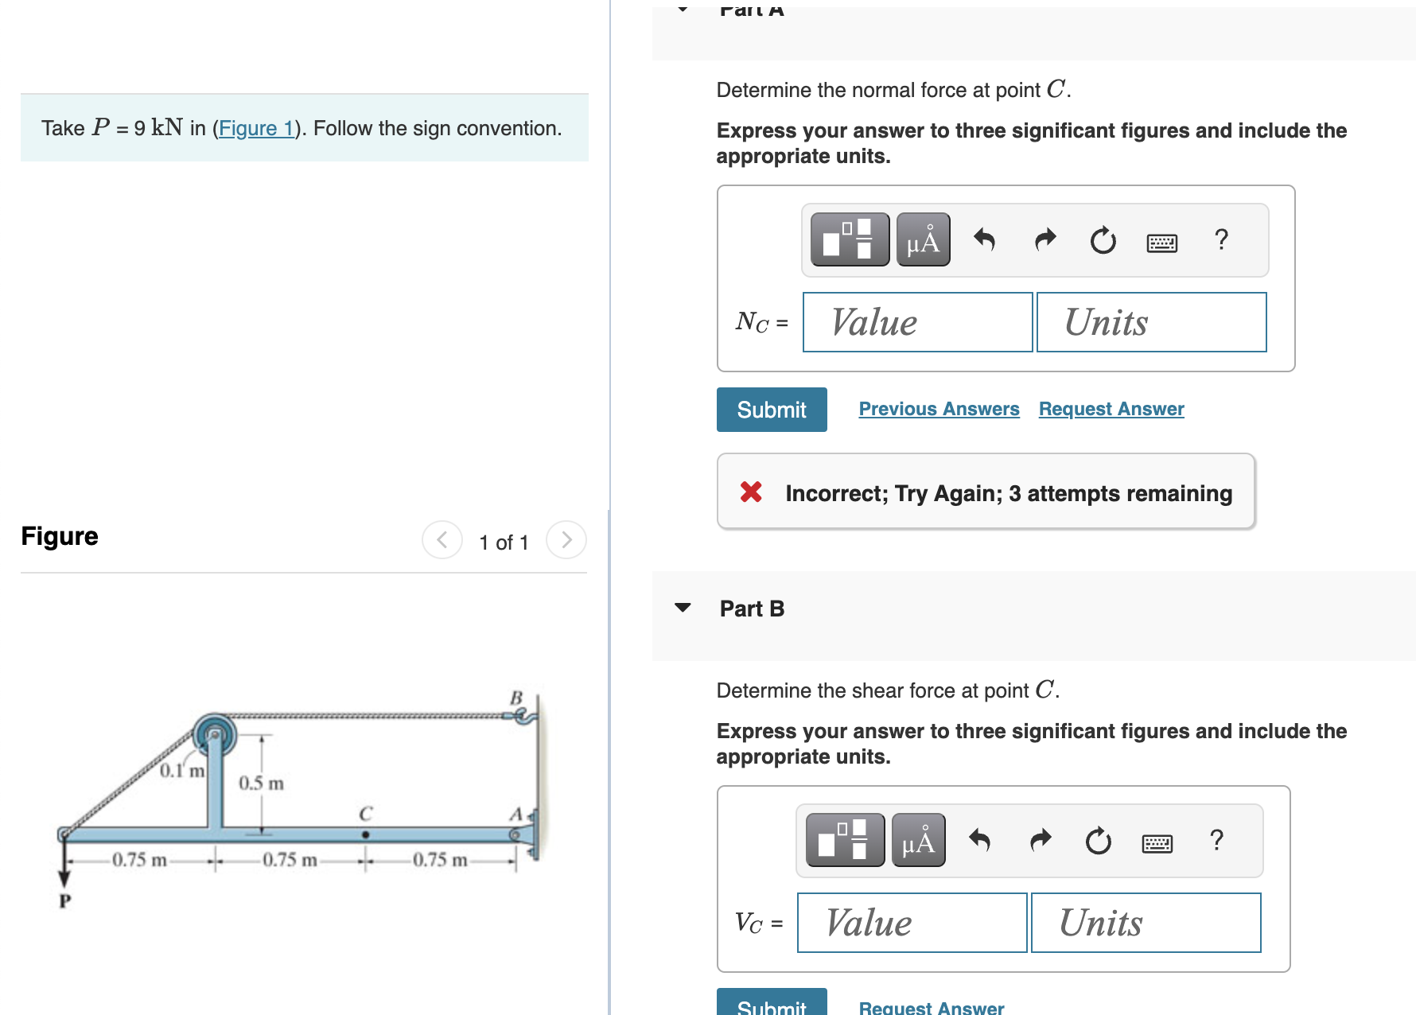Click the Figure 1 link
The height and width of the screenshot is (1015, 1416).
pyautogui.click(x=255, y=128)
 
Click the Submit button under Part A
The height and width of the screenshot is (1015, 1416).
pyautogui.click(x=771, y=410)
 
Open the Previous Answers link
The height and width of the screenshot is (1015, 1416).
pyautogui.click(x=939, y=409)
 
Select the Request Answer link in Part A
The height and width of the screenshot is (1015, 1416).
pyautogui.click(x=1111, y=409)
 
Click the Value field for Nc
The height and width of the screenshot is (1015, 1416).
pyautogui.click(x=917, y=322)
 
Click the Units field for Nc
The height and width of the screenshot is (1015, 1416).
pyautogui.click(x=1151, y=322)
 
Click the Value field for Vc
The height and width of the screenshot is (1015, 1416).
pyautogui.click(x=912, y=923)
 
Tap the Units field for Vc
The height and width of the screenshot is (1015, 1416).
pyautogui.click(x=1146, y=923)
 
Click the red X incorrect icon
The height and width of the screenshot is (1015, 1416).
pyautogui.click(x=751, y=492)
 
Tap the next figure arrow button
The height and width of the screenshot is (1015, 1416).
pyautogui.click(x=566, y=540)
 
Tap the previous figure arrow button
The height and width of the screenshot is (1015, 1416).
pyautogui.click(x=442, y=540)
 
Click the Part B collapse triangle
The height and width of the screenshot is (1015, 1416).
pyautogui.click(x=683, y=608)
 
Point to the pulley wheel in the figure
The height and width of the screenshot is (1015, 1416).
pyautogui.click(x=215, y=734)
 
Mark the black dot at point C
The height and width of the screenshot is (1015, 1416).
pyautogui.click(x=365, y=834)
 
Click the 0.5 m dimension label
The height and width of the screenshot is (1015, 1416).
pyautogui.click(x=261, y=784)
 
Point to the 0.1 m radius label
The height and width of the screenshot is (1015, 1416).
pyautogui.click(x=182, y=771)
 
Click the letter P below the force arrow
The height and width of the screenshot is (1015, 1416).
pyautogui.click(x=64, y=900)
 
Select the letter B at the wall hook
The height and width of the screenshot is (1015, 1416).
pyautogui.click(x=516, y=698)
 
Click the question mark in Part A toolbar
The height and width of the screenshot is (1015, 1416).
pyautogui.click(x=1221, y=239)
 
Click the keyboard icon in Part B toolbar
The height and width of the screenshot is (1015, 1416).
pyautogui.click(x=1157, y=843)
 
